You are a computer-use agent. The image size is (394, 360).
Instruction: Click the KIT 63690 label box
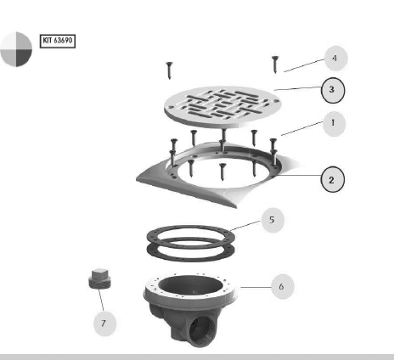coord(58,41)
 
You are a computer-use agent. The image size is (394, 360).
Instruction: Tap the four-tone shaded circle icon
coord(16,49)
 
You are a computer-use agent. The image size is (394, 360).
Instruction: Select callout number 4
coord(335,59)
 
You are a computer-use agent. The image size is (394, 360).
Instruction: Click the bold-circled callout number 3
coord(333,90)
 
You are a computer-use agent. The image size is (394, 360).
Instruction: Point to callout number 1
coord(334,124)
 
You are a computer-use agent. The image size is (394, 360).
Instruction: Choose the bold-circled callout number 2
coord(332,179)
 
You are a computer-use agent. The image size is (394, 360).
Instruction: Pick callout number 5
coord(273,220)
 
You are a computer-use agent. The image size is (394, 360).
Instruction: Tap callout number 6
coord(282,286)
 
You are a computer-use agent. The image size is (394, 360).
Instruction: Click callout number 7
coord(104,323)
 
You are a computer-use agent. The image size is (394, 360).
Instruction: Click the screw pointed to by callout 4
coord(275,65)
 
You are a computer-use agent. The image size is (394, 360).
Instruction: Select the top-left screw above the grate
coord(169,70)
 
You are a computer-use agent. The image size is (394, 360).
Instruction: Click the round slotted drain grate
coord(222,106)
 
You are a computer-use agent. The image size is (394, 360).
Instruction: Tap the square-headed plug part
coord(100,278)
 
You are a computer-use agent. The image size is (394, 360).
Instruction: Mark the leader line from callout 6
coord(256,287)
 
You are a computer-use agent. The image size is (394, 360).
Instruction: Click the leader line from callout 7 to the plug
coord(101,300)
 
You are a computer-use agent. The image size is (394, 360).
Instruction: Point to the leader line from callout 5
coord(245,226)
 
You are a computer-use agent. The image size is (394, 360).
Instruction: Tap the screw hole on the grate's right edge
coord(274,101)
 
